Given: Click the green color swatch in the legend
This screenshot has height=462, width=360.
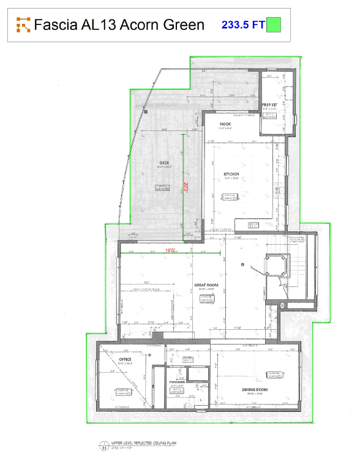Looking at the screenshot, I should coord(274,24).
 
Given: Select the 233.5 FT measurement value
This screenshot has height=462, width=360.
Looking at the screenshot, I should coord(242,24).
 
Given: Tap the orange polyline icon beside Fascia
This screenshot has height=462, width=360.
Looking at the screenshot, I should coord(23,24).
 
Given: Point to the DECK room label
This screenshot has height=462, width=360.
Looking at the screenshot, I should coord(164,162).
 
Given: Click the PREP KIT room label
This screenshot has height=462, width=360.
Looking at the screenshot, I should coord(270,105).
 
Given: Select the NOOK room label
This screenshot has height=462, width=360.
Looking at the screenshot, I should coord(225,124).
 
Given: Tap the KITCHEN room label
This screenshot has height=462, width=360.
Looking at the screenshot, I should coord(230,174).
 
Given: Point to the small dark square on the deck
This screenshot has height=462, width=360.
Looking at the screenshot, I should coord(146,112).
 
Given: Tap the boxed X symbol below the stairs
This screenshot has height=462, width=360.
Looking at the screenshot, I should coord(282,305).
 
